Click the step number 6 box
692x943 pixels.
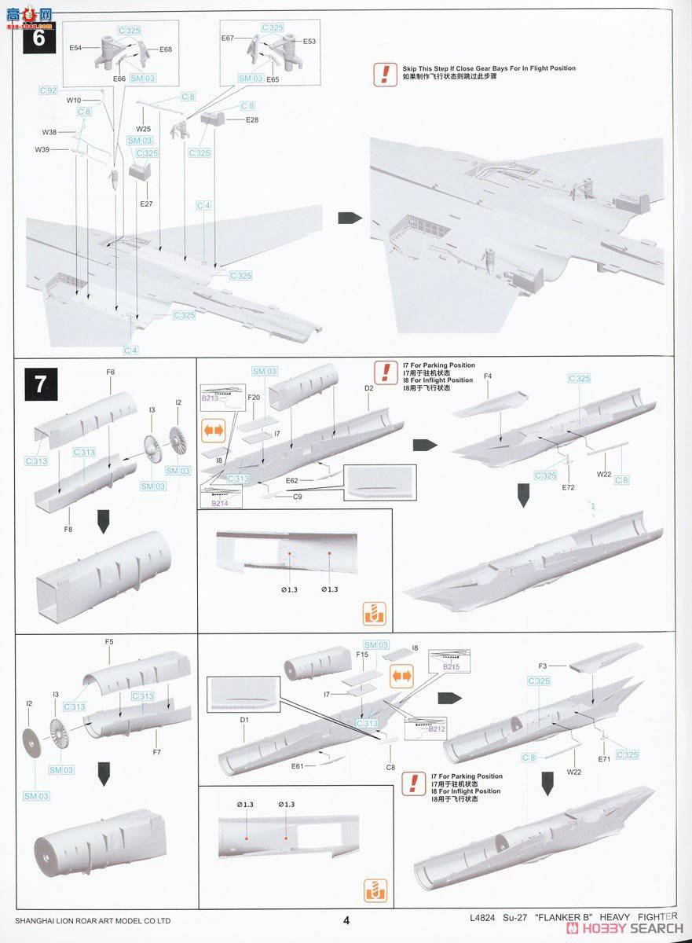(x=39, y=37)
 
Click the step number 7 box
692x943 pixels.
(x=39, y=384)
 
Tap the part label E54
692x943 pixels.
(x=75, y=48)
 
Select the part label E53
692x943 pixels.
(x=309, y=41)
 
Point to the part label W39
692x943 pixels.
(x=42, y=149)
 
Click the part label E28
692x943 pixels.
(x=251, y=119)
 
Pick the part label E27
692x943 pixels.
(x=147, y=203)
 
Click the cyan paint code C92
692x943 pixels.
(x=49, y=91)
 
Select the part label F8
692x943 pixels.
(x=68, y=530)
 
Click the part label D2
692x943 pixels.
(x=368, y=387)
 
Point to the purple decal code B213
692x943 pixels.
(x=211, y=398)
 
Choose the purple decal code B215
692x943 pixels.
(x=450, y=666)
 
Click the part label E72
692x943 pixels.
(x=569, y=487)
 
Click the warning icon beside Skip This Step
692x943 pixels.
(x=384, y=74)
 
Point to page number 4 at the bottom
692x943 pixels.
(x=346, y=919)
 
